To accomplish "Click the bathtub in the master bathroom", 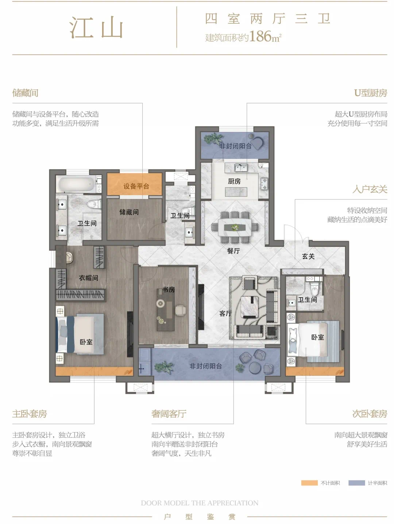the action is (x=76, y=184).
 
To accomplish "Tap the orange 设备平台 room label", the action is (x=136, y=186).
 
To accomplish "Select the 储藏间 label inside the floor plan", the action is (x=129, y=212).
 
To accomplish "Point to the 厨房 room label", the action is (x=234, y=181).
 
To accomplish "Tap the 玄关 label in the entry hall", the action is (x=308, y=256).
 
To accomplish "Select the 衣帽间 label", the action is (x=89, y=278).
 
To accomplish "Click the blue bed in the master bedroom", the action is (x=80, y=334).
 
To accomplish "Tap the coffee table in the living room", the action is (x=250, y=306).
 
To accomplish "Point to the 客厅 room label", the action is (x=225, y=313).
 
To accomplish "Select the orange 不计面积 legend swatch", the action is (x=309, y=483).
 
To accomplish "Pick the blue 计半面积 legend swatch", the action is (x=356, y=483).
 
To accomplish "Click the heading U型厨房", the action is (x=371, y=93).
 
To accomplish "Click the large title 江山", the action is (x=96, y=28).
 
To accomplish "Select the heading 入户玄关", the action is (x=370, y=189).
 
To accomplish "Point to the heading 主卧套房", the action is (x=30, y=414).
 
